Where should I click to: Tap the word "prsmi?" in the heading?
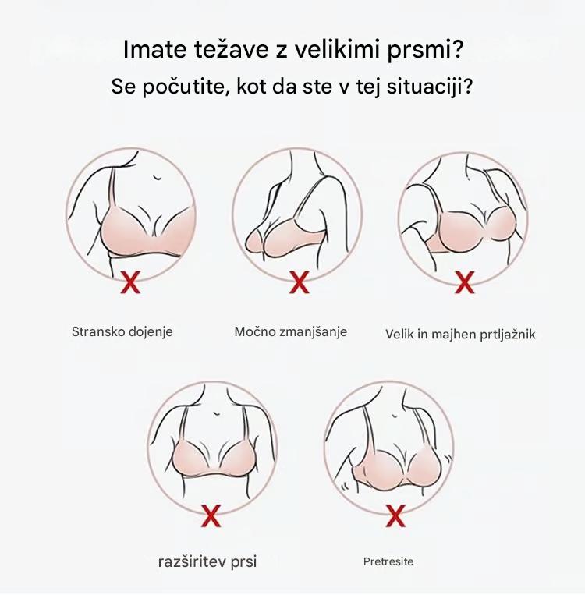click(x=425, y=51)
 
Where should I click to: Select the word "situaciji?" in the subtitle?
click(x=430, y=87)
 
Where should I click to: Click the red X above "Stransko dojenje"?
click(x=130, y=282)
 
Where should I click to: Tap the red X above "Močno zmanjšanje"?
click(x=300, y=282)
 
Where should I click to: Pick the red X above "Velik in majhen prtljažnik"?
click(x=465, y=282)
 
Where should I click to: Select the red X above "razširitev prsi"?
click(x=211, y=515)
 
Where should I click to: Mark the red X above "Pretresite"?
click(x=395, y=515)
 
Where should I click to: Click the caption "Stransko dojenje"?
click(x=122, y=332)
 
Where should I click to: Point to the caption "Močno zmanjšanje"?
click(x=291, y=332)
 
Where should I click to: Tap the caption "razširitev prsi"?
click(x=207, y=562)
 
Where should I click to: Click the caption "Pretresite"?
click(x=388, y=561)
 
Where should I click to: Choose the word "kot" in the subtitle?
click(x=251, y=87)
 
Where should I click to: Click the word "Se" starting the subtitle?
click(x=123, y=87)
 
